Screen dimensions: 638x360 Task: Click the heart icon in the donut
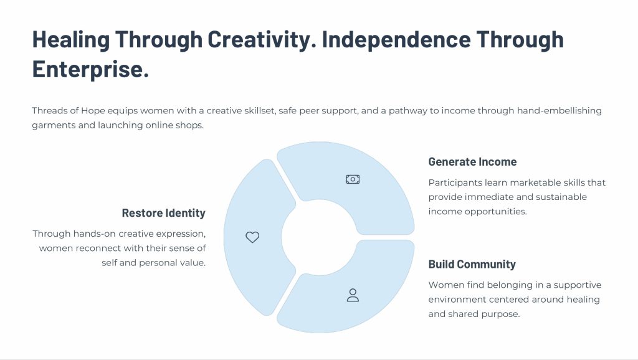[x=252, y=237]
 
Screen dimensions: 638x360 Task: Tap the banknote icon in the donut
[x=353, y=179]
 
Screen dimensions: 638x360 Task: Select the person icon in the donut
[x=353, y=295]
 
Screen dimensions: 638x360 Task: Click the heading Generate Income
[x=472, y=162]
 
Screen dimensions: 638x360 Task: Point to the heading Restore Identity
[x=164, y=213]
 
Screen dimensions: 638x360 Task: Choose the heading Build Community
[x=472, y=265]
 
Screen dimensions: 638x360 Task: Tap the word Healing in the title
[x=71, y=39]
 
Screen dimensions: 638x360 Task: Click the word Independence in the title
[x=396, y=39]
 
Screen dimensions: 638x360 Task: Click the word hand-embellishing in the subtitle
[x=559, y=111]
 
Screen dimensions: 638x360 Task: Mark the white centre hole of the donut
[x=320, y=237]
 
